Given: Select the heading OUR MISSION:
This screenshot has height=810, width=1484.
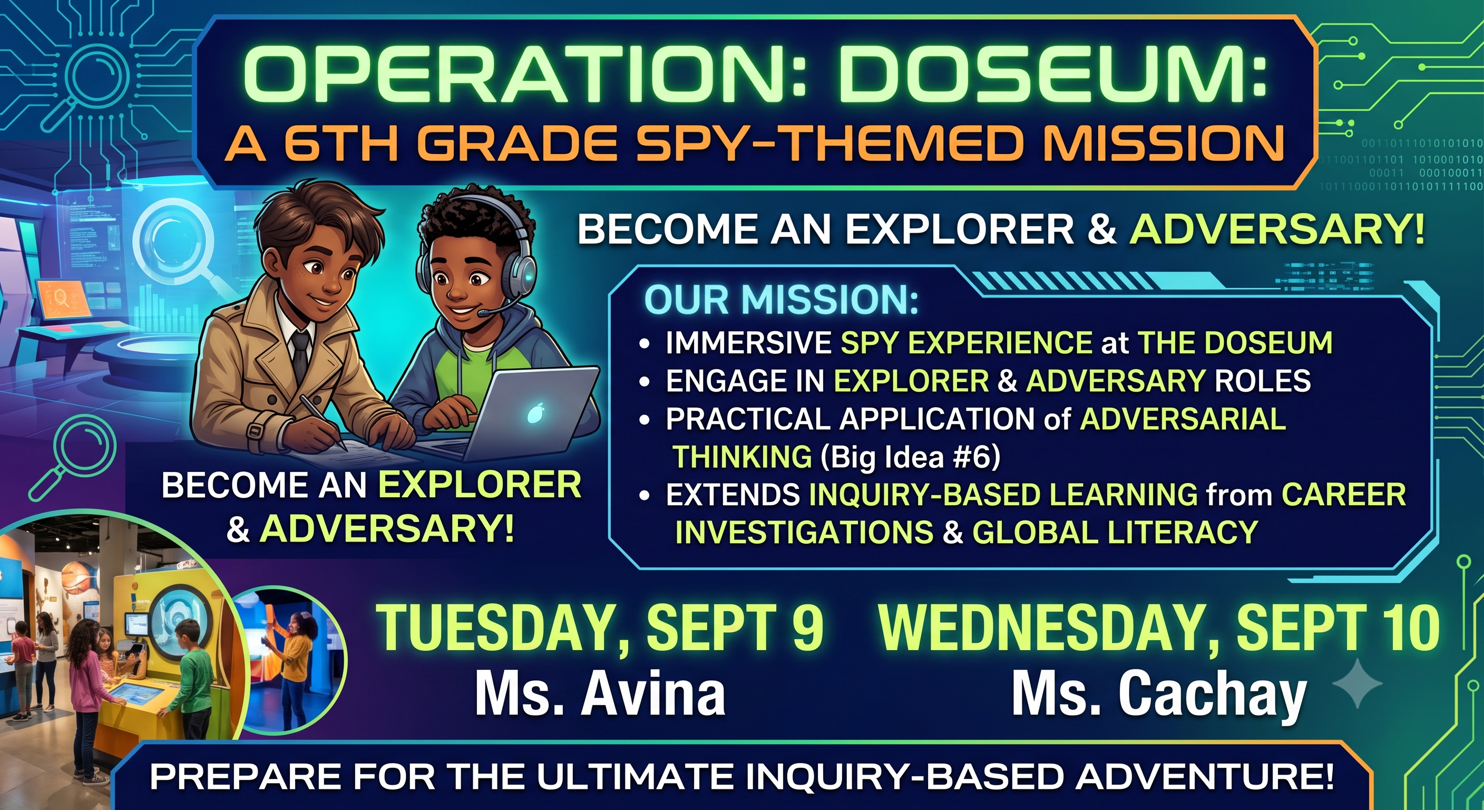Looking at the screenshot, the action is coord(781,300).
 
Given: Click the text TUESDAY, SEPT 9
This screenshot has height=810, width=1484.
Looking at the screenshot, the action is coord(600,629).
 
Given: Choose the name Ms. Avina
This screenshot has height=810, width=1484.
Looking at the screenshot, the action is coord(600,694).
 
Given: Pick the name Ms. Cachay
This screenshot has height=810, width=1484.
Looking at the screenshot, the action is coord(1158,697).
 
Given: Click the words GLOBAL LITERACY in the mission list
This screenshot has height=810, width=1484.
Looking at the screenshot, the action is coord(1115,532).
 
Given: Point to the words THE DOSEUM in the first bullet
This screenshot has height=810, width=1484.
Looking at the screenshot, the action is coord(1235,343).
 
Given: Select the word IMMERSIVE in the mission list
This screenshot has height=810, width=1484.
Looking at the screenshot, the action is coord(748,343).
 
